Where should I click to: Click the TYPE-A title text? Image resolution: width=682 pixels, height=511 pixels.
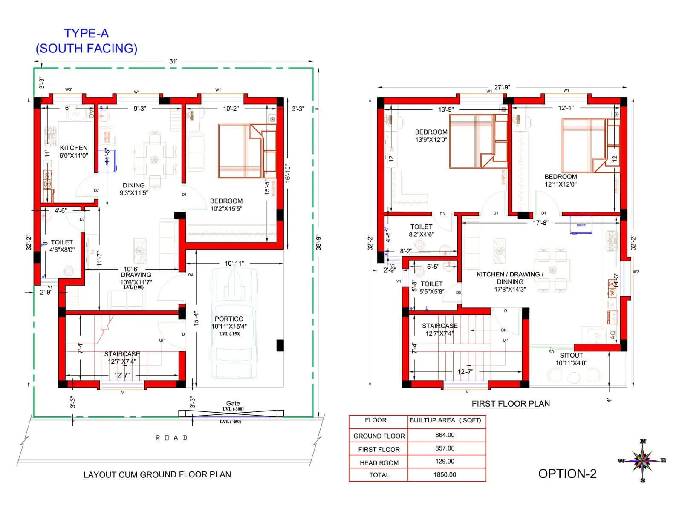coord(87,34)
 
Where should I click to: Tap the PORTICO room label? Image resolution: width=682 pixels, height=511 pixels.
coord(229,319)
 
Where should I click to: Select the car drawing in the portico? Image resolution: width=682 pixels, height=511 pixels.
coord(234,324)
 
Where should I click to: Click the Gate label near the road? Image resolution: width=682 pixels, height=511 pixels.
coord(233,403)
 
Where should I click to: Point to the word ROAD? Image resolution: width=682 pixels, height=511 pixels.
coord(171,438)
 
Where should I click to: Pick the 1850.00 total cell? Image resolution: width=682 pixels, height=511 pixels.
coord(445,474)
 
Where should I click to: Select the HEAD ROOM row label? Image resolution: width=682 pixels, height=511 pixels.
coord(379,463)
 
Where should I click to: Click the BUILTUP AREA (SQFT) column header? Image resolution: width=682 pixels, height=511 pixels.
coord(445,420)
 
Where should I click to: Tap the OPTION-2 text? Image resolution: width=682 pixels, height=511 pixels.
coord(567,474)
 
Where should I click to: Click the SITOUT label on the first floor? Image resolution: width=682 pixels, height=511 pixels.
coord(571,356)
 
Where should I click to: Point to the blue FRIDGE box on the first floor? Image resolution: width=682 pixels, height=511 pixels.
coord(581,225)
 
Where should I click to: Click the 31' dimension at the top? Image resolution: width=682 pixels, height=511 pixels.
coord(173,61)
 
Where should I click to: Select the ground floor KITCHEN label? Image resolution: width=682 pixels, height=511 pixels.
coord(74,148)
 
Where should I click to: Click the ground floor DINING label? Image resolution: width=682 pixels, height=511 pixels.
coord(133,185)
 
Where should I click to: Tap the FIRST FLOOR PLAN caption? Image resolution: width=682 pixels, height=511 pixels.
coord(511,404)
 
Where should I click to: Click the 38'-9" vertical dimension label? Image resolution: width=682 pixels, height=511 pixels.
coord(318,242)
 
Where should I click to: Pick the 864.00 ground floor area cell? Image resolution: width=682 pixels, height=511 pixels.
coord(445,435)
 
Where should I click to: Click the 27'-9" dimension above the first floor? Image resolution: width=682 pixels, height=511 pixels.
coord(502,87)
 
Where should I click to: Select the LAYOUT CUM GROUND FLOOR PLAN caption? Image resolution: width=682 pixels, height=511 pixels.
coord(157,474)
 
